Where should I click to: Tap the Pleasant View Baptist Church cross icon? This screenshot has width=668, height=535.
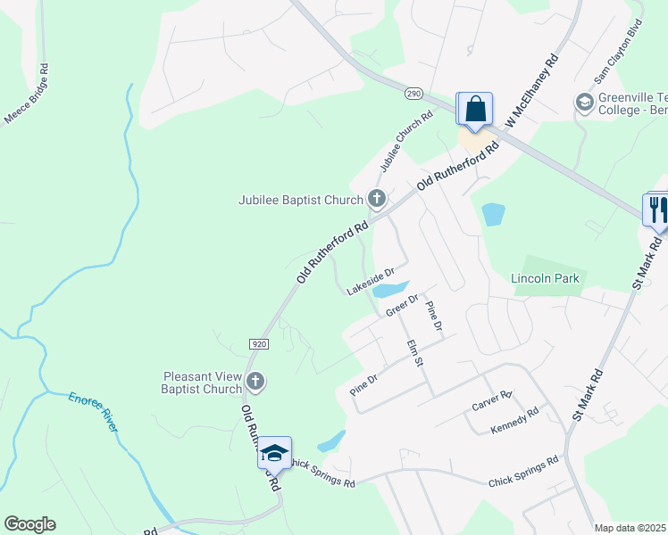[255, 382]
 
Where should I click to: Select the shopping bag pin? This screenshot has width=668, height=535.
[476, 110]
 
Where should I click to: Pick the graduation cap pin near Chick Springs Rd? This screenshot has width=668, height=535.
[274, 453]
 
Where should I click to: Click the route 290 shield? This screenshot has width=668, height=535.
[413, 93]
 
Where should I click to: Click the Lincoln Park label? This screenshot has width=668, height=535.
[545, 278]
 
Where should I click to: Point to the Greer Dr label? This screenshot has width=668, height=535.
[402, 305]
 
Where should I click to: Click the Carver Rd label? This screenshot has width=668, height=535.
[493, 400]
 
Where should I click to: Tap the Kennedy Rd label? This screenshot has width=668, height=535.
[515, 421]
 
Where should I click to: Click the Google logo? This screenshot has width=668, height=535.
[29, 524]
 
